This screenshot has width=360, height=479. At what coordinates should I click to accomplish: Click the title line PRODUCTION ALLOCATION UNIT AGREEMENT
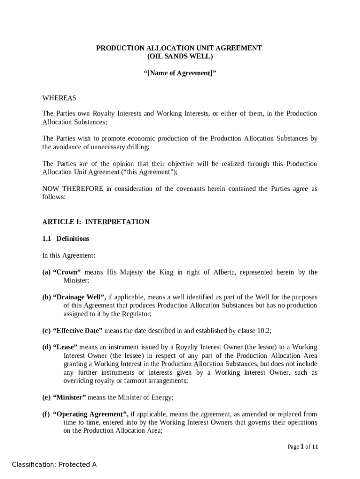pyautogui.click(x=179, y=48)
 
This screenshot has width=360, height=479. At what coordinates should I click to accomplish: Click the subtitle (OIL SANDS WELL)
pyautogui.click(x=180, y=57)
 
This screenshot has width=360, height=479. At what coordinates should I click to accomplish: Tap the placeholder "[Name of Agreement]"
pyautogui.click(x=180, y=73)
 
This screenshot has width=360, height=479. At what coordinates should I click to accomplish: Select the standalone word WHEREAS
pyautogui.click(x=59, y=98)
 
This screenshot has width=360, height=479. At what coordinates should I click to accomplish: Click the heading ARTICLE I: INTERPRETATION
pyautogui.click(x=96, y=222)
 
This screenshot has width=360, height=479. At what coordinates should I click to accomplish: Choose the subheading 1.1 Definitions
pyautogui.click(x=66, y=239)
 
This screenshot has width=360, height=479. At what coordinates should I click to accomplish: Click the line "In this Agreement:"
pyautogui.click(x=69, y=255)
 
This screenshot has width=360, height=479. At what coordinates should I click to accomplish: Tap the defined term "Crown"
pyautogui.click(x=67, y=272)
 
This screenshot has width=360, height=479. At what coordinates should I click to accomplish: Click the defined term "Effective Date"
pyautogui.click(x=78, y=331)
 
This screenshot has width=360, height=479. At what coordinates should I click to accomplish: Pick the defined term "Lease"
pyautogui.click(x=65, y=348)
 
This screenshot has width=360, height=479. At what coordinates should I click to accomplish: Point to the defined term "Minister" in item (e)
pyautogui.click(x=70, y=398)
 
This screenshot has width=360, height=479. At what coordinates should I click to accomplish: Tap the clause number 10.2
pyautogui.click(x=264, y=331)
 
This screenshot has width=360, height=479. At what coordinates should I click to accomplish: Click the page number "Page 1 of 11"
pyautogui.click(x=303, y=447)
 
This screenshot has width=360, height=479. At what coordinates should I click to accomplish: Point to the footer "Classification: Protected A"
pyautogui.click(x=54, y=464)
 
